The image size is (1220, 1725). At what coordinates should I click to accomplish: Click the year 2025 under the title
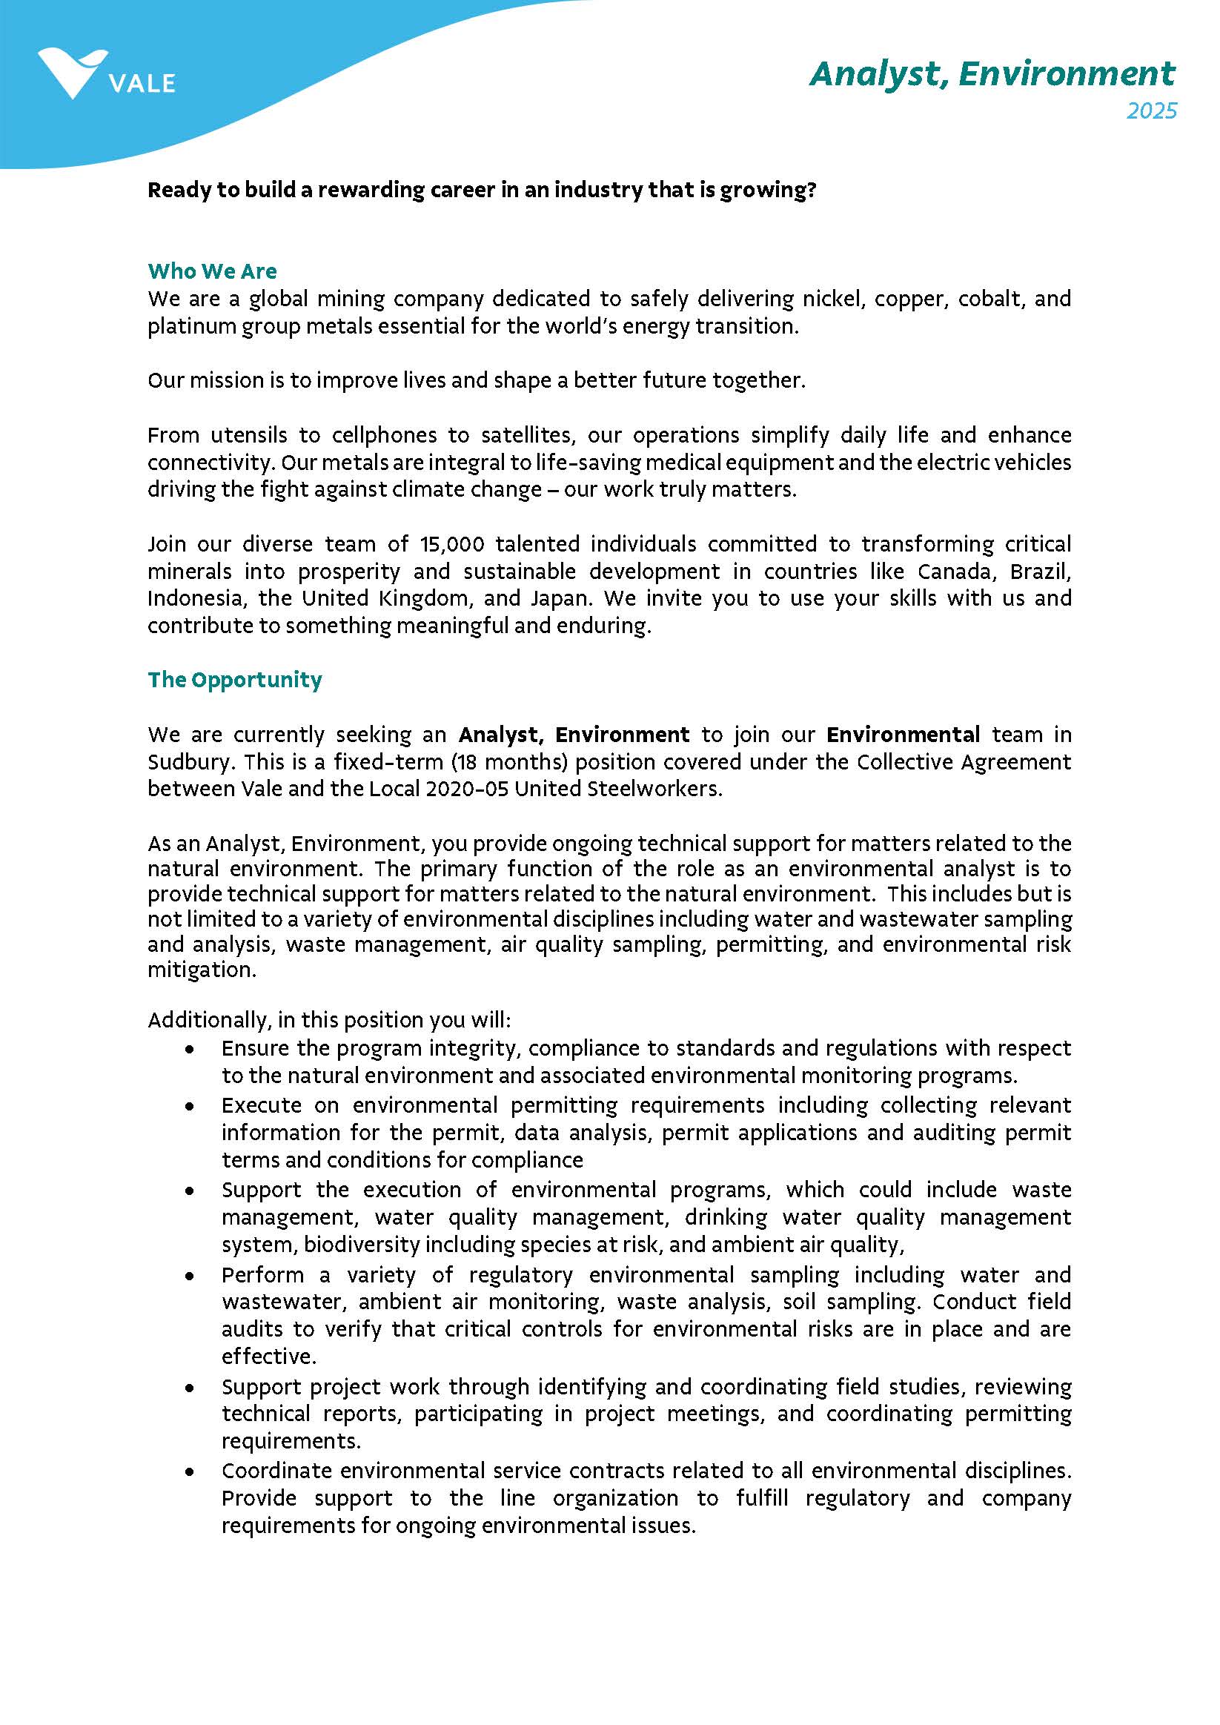pyautogui.click(x=1151, y=111)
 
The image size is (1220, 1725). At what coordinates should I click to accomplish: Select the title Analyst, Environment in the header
pyautogui.click(x=992, y=73)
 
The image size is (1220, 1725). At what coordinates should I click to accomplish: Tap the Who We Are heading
pyautogui.click(x=212, y=271)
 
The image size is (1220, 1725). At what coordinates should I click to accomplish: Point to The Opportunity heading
pyautogui.click(x=234, y=680)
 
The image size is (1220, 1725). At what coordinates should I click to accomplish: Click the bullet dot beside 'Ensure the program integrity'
pyautogui.click(x=190, y=1049)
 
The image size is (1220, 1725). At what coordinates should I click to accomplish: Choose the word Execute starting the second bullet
pyautogui.click(x=262, y=1106)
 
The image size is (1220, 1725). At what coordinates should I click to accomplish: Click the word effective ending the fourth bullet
pyautogui.click(x=267, y=1356)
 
